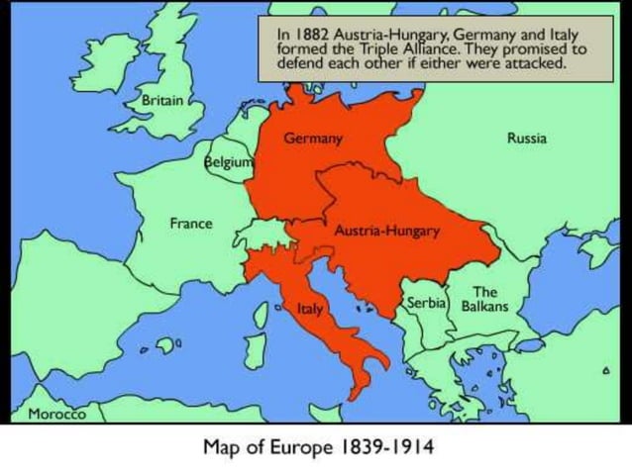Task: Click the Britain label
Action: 162,100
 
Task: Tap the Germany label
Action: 313,139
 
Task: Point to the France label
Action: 190,223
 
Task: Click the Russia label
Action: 526,139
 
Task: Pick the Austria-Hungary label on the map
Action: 386,230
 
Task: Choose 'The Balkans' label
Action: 484,299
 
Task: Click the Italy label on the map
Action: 310,310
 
